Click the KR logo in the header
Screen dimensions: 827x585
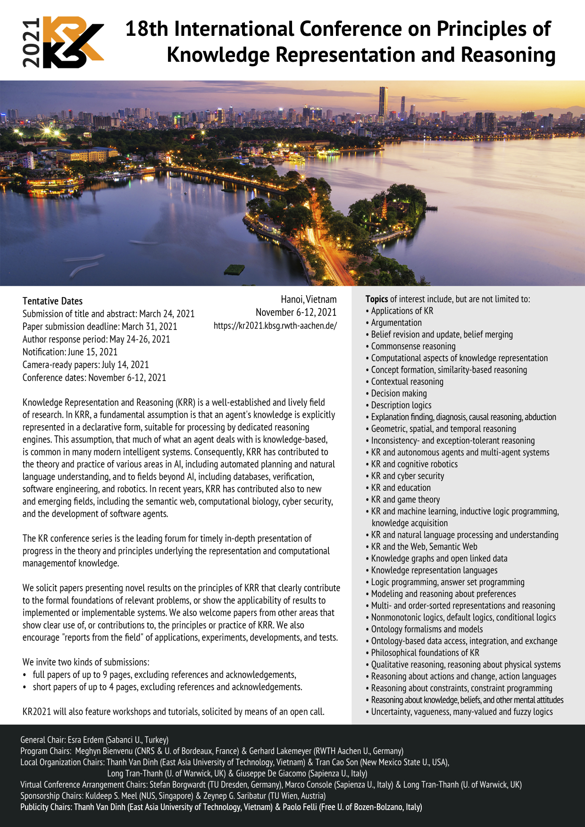(73, 42)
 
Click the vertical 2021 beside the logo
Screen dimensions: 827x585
(31, 42)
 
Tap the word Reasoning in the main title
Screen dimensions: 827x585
(508, 55)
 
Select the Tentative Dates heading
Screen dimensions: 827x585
(52, 301)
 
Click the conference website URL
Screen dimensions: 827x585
(275, 326)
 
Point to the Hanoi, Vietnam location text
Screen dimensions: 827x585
(309, 299)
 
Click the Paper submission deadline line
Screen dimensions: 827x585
(100, 326)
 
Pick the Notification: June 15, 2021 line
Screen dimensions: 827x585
(70, 352)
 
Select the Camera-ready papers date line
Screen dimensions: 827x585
(85, 364)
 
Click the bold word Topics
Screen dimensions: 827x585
(376, 299)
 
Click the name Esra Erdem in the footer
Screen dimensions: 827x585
(86, 740)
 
